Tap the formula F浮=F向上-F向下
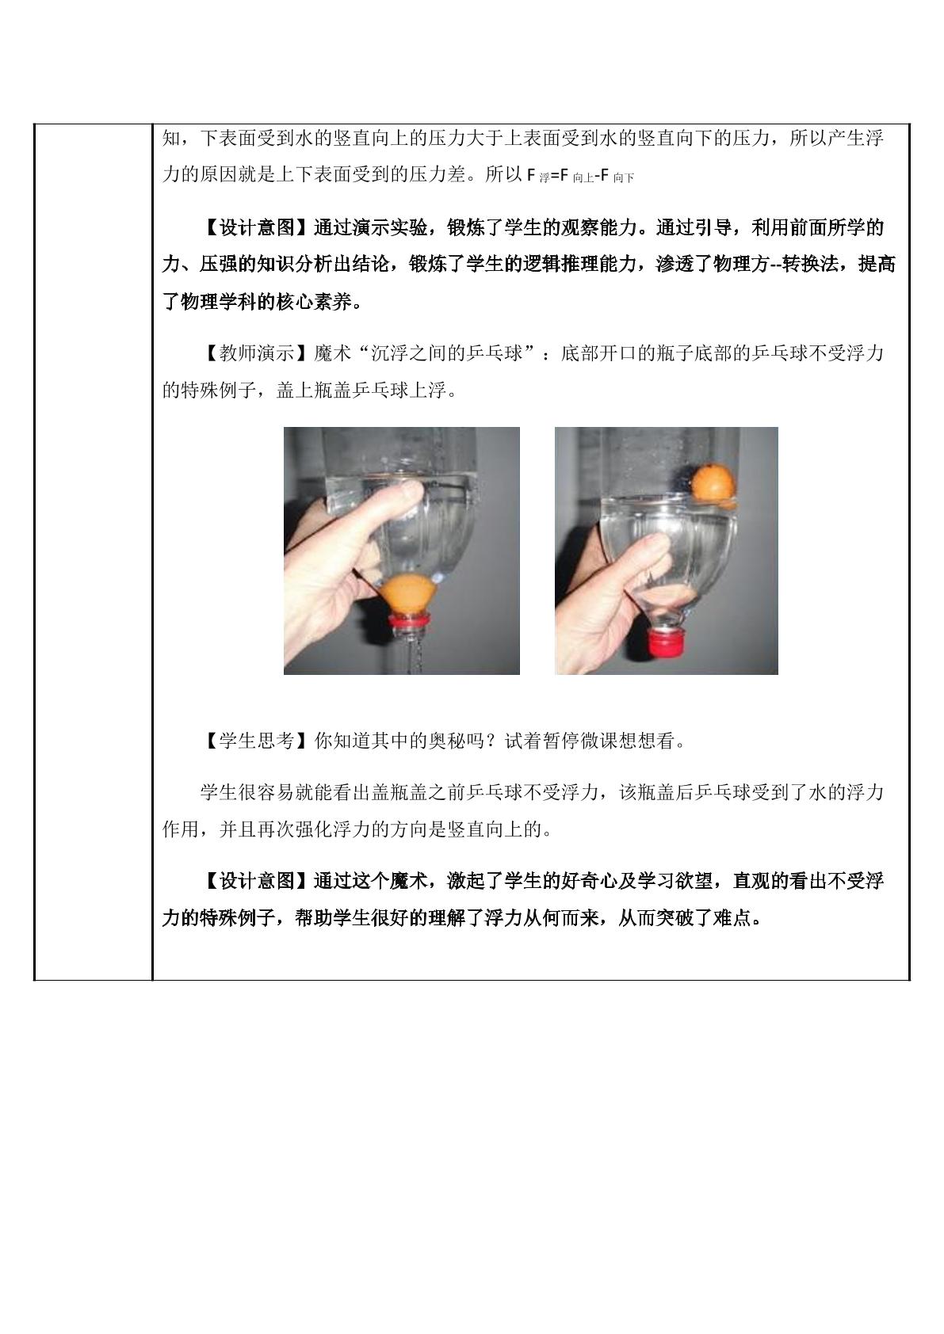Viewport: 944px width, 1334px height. click(x=580, y=176)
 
